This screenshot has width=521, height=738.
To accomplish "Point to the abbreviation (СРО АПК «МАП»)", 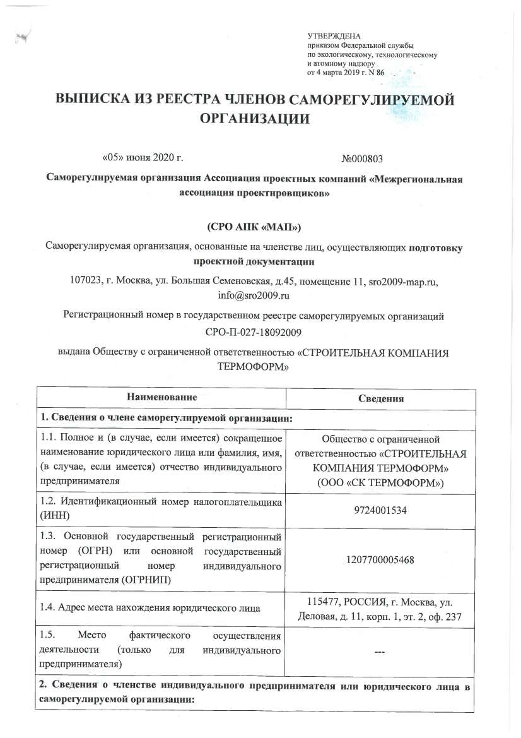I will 259,225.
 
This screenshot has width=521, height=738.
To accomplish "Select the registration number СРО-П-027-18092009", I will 260,331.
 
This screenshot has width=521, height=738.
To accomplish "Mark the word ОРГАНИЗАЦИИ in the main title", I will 259,119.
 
